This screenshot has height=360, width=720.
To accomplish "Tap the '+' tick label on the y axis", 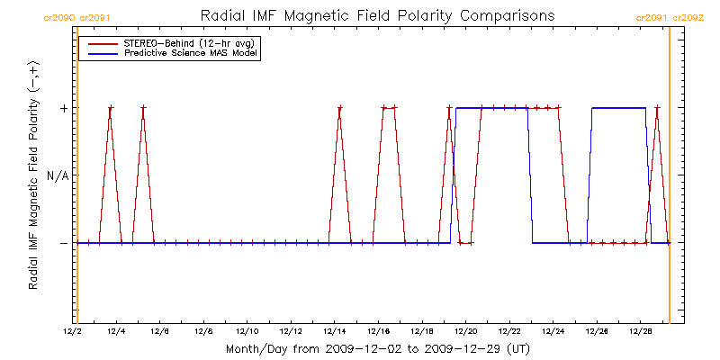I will tap(63, 108).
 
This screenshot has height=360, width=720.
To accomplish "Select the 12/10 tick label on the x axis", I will tap(247, 332).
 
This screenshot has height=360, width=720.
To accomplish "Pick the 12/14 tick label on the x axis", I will tap(335, 332).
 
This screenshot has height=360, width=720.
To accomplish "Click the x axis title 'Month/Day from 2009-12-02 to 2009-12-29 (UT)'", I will tap(377, 348).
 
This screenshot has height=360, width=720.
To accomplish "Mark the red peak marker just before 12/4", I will tap(111, 108).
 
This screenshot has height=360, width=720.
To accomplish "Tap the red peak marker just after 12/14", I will tap(340, 108).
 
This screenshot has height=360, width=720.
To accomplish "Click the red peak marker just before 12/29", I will tap(657, 108).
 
